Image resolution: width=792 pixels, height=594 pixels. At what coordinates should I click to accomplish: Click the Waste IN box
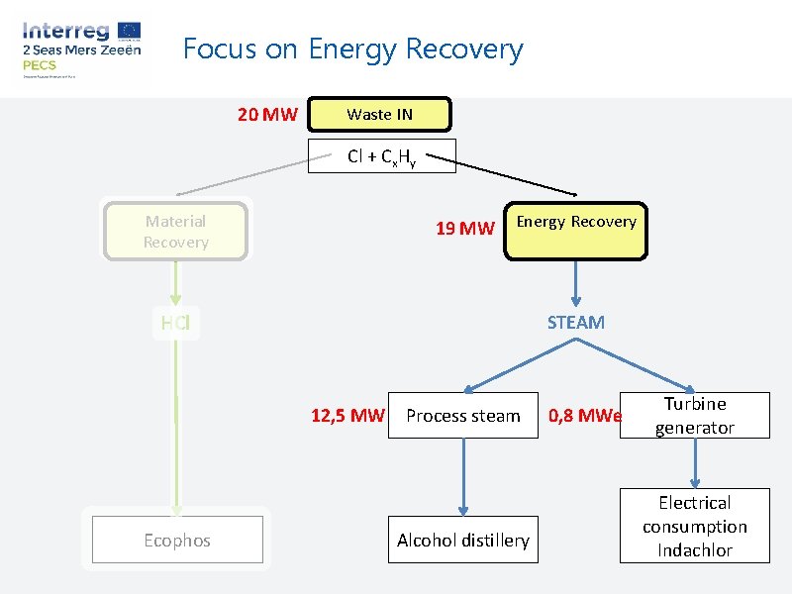tap(379, 114)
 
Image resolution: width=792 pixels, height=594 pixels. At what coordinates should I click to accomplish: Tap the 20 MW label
tap(267, 115)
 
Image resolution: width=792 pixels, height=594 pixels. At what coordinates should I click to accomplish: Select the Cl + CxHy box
tap(381, 156)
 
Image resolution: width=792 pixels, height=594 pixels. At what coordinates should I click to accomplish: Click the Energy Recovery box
tap(576, 233)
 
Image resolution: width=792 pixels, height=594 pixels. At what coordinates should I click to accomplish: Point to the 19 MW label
tap(464, 230)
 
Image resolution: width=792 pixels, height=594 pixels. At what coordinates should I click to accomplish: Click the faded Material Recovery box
tap(175, 232)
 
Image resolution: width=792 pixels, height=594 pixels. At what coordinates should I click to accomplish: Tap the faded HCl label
tap(175, 322)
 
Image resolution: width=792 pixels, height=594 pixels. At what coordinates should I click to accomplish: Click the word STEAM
tap(575, 322)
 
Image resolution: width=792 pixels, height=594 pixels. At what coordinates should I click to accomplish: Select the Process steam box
tap(462, 416)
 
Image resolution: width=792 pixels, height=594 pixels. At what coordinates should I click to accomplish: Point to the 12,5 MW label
tap(346, 416)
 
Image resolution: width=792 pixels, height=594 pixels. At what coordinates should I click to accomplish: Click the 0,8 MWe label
tap(585, 416)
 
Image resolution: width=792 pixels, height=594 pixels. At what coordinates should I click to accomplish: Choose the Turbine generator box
tap(694, 416)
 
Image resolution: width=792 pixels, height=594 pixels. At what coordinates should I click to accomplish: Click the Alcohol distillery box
tap(462, 541)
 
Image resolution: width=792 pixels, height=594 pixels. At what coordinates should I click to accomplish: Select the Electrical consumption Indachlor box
tap(694, 527)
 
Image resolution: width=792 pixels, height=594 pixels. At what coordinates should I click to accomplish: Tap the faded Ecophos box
tap(177, 541)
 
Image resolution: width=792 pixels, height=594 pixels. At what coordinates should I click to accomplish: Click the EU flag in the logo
tap(128, 30)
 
